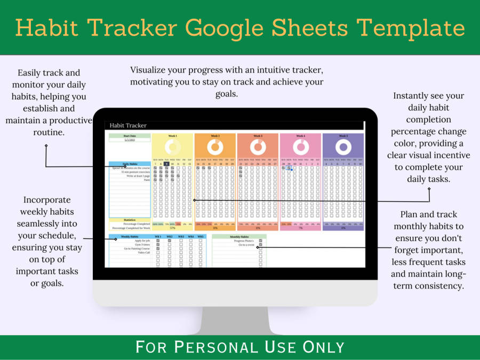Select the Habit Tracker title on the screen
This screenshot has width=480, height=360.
[x=128, y=125]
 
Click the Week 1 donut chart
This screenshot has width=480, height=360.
[x=172, y=147]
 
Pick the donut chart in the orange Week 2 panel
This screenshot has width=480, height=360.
[x=215, y=147]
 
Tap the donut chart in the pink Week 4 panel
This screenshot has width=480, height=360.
[x=300, y=147]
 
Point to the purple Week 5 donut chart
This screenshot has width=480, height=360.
[x=343, y=147]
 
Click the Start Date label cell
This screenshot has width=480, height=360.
[x=130, y=135]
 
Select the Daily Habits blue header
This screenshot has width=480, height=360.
[x=130, y=164]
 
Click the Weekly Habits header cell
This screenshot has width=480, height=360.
[x=130, y=236]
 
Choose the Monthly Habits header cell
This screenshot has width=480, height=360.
[x=239, y=236]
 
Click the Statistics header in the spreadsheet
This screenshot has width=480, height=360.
[x=130, y=220]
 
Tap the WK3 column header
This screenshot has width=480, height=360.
[x=181, y=236]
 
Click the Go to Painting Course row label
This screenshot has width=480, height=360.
[x=137, y=249]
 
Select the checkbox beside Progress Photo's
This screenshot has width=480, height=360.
[x=260, y=241]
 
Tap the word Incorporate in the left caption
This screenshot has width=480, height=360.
[x=47, y=200]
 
